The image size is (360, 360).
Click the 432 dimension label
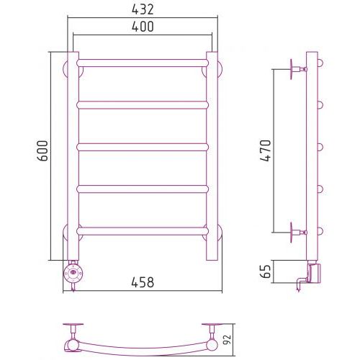pos(143,9)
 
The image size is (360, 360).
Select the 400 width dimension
pos(143,27)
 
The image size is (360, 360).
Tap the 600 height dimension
pos(42,150)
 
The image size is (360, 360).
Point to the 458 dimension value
pos(143,282)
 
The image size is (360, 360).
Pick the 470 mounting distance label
pos(266,150)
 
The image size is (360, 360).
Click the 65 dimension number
pos(266,271)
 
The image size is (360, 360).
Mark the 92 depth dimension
pos(227,339)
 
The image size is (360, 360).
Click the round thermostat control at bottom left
pos(73,273)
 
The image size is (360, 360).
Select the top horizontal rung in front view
pos(143,63)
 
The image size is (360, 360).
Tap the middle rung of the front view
pos(143,147)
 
